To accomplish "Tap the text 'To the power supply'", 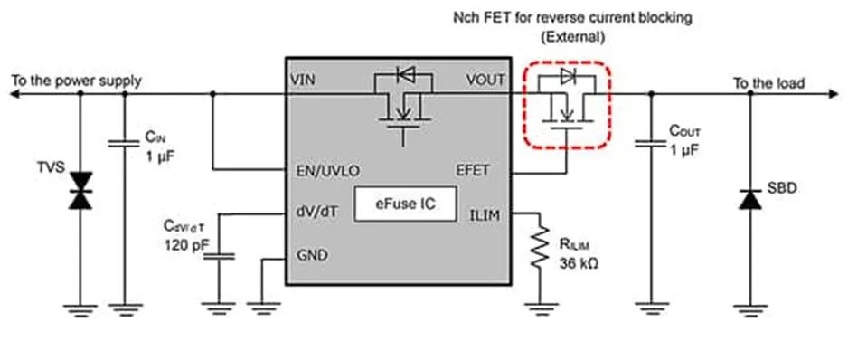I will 76,81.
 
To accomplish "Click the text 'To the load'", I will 768,83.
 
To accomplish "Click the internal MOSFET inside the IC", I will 399,104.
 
